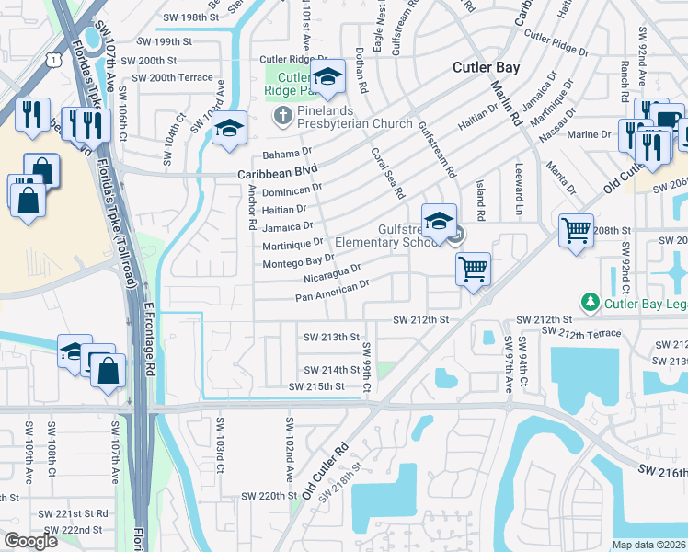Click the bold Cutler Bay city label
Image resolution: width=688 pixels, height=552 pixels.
point(487,68)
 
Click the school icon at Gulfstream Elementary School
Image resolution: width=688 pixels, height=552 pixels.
point(440,221)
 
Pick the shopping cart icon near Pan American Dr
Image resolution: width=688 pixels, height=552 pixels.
point(473,269)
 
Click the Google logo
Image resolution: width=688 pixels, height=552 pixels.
point(30,540)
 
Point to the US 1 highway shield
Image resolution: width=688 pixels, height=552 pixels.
point(57,60)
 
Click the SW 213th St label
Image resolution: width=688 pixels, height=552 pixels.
point(331,337)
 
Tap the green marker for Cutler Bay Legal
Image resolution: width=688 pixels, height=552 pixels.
point(587,301)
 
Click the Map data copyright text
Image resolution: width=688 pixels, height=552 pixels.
point(648,545)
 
